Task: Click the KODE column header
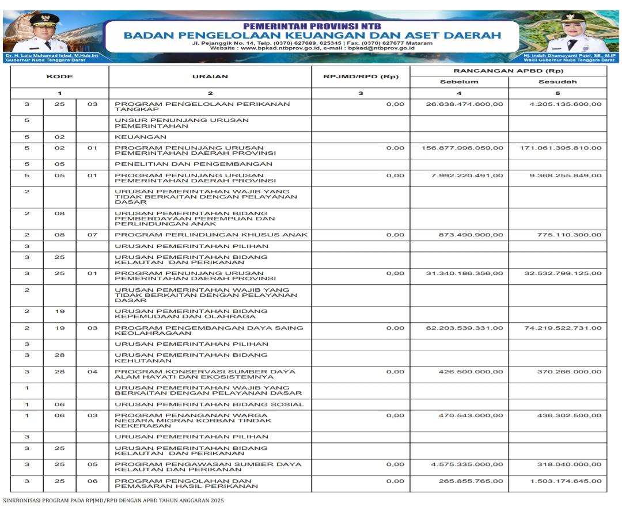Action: coord(59,77)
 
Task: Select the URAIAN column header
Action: coord(210,77)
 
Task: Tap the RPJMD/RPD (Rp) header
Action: coord(361,77)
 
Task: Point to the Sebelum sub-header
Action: coord(459,82)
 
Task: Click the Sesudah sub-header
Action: coord(557,82)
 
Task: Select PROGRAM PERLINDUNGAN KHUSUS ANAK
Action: coord(211,235)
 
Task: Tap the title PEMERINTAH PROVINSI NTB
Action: coord(312,26)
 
